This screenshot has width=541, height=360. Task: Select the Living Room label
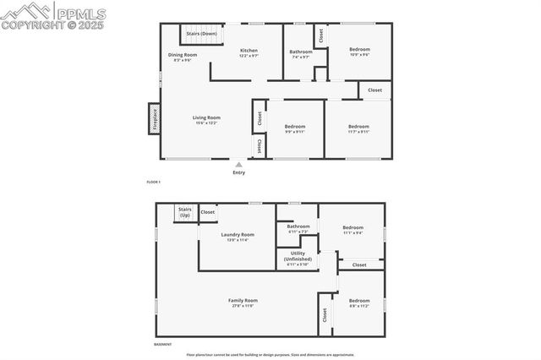[206, 119]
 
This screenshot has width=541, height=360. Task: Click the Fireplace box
[155, 118]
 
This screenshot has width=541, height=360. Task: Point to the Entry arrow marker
[238, 165]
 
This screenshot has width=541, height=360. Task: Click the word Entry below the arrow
[238, 173]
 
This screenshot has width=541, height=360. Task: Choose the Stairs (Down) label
[202, 34]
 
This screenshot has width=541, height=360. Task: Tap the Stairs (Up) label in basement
[184, 212]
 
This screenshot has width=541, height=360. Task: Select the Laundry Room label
[238, 237]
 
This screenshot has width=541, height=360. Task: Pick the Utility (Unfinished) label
[298, 258]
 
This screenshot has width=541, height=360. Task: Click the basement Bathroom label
[298, 228]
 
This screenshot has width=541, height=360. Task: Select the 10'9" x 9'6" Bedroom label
[360, 51]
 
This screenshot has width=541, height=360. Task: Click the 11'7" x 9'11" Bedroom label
[359, 128]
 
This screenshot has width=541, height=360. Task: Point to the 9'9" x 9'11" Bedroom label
[294, 128]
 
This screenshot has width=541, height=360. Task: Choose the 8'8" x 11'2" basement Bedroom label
[359, 303]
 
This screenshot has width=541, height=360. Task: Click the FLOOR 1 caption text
[153, 183]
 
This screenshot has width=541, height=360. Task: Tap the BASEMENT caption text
[162, 344]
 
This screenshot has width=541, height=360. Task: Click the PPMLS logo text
[82, 12]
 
